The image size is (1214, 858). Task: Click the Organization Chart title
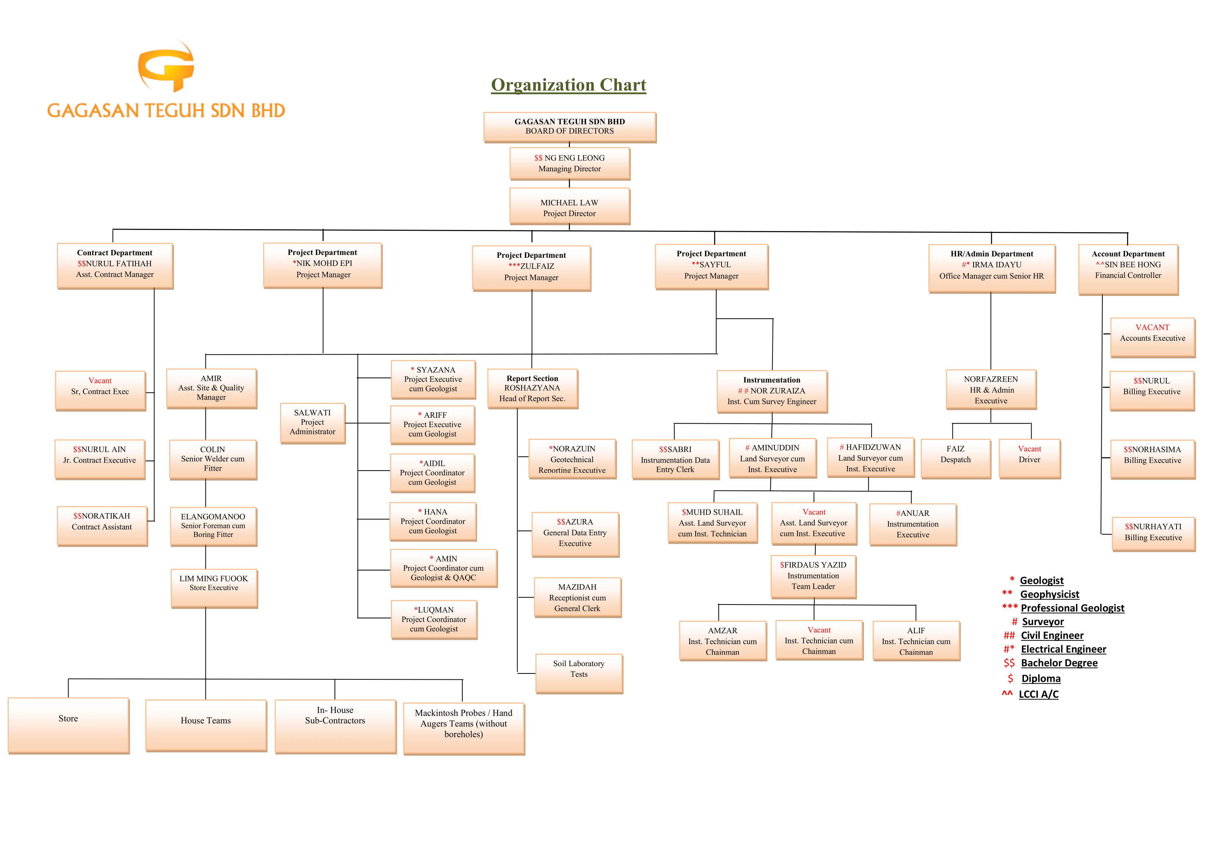tap(568, 85)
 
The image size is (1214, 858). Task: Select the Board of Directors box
tap(570, 127)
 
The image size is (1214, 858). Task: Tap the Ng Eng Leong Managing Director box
tap(570, 163)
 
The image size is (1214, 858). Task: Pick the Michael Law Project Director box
tap(570, 207)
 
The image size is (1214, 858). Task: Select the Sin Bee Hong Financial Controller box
tap(1128, 268)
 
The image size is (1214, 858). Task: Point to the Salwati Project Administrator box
tap(312, 422)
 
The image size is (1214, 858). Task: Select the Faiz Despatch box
tap(955, 458)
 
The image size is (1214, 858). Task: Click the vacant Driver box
tap(1029, 458)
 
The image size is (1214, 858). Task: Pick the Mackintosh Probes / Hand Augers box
tap(464, 727)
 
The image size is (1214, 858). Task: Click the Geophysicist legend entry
tap(1049, 594)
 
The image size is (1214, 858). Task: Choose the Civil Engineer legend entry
tap(1052, 635)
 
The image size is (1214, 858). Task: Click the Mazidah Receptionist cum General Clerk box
tap(577, 598)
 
